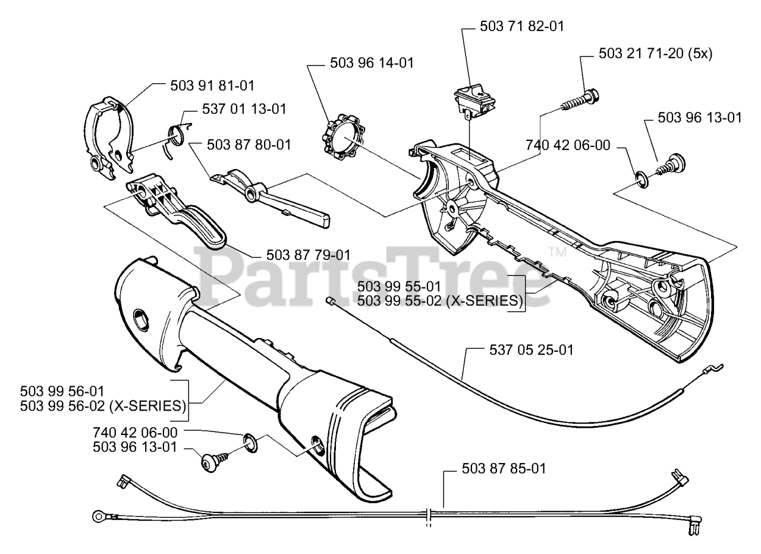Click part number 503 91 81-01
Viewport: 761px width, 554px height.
[x=212, y=85]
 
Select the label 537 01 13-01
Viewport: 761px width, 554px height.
[x=244, y=109]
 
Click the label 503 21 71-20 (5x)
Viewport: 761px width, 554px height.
[x=646, y=54]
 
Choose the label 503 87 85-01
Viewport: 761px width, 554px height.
[x=503, y=468]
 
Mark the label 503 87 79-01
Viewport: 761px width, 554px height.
[x=308, y=254]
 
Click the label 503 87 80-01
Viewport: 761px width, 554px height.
[x=249, y=145]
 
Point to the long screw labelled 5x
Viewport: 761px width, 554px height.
[x=580, y=100]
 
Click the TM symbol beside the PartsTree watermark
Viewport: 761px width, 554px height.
[x=556, y=252]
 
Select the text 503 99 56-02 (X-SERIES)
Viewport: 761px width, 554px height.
[x=103, y=406]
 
